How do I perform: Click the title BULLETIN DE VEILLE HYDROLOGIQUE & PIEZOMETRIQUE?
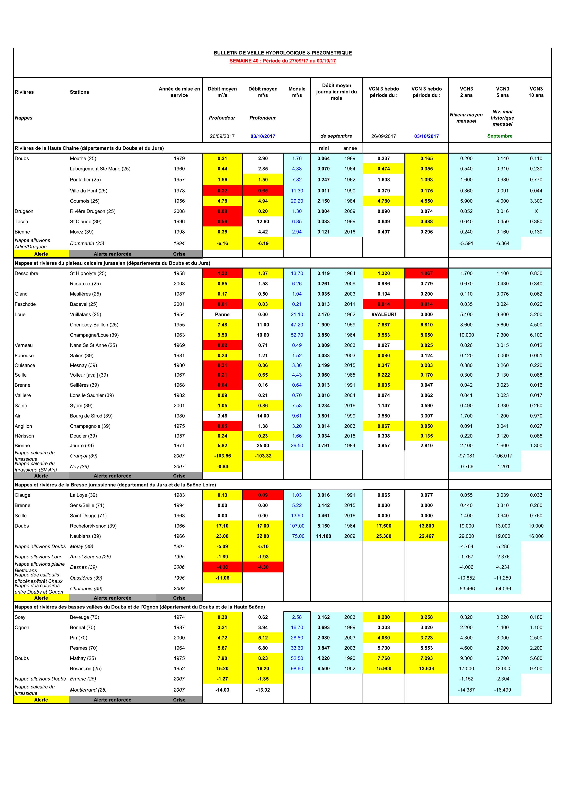tap(283, 53)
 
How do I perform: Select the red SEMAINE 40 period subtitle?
tap(283, 61)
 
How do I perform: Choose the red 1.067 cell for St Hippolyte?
tap(426, 273)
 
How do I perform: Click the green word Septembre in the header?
tap(500, 136)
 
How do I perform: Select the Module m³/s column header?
tap(297, 92)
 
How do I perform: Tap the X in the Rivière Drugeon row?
tap(536, 211)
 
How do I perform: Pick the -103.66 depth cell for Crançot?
tap(222, 456)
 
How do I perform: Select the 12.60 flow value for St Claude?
tap(263, 222)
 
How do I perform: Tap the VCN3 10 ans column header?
tap(536, 92)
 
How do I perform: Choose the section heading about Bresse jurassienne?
tap(115, 485)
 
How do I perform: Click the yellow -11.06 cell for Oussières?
tap(222, 578)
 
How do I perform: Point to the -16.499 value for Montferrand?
tap(502, 690)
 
